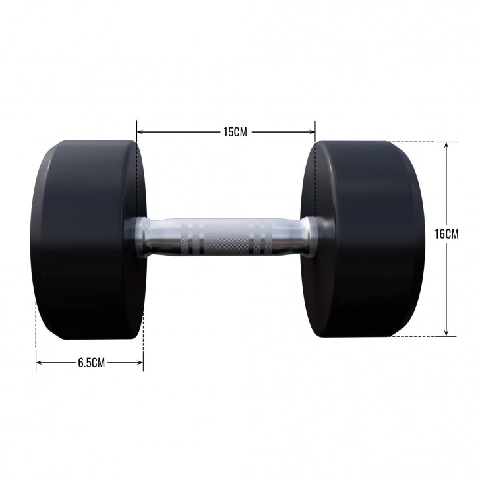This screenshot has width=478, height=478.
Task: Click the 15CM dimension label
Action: point(235,132)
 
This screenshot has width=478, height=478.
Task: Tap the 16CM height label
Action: point(446,234)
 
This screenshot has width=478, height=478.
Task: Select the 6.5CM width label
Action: point(91,362)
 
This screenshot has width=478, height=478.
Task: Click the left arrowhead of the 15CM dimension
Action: point(140,132)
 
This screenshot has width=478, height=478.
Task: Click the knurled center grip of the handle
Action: point(226,238)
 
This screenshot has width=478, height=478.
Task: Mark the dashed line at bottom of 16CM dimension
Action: point(422,336)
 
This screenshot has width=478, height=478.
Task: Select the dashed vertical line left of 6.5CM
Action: point(36,330)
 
